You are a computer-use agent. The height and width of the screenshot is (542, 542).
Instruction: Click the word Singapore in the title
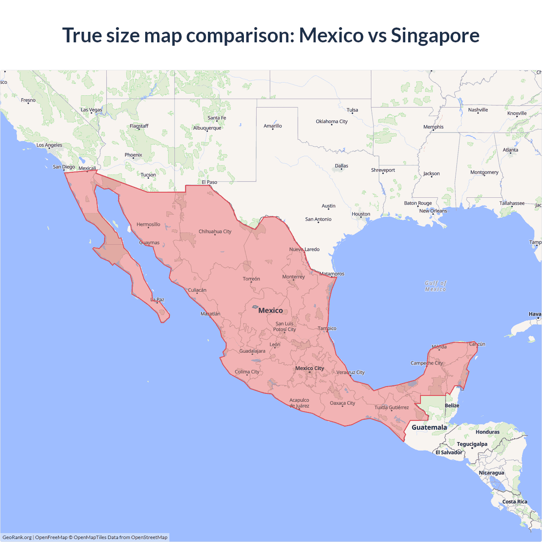click(435, 36)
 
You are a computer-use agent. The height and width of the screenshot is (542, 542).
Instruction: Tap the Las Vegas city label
click(91, 110)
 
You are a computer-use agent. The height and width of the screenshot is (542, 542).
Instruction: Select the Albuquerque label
click(207, 128)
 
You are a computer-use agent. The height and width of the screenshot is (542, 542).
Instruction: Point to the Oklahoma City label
click(332, 122)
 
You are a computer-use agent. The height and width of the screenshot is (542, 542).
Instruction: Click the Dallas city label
click(341, 166)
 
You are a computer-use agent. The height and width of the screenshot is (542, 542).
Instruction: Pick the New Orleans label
click(433, 211)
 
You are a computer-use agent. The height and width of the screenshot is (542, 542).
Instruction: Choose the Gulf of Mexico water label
click(435, 286)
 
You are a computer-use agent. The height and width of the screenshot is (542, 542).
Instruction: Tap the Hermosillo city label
click(148, 224)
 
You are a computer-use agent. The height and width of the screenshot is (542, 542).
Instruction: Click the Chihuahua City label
click(215, 232)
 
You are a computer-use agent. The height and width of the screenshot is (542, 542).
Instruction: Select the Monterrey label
click(293, 277)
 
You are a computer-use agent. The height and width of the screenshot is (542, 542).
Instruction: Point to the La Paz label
click(157, 300)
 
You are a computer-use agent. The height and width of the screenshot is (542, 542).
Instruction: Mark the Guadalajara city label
click(252, 351)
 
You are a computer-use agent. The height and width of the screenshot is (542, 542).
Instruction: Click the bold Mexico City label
click(310, 368)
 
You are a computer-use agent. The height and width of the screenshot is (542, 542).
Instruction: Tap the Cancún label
click(477, 344)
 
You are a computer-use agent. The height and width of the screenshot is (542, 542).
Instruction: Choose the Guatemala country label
click(429, 427)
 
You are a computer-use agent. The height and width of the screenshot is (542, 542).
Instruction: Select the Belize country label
click(452, 406)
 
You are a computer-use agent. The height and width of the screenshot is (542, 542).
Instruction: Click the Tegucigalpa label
click(472, 444)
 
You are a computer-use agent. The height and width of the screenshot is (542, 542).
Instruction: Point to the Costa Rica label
click(514, 502)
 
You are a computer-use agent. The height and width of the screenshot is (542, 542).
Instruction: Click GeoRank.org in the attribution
click(17, 537)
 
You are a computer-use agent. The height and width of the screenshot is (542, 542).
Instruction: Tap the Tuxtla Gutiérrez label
click(392, 407)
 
